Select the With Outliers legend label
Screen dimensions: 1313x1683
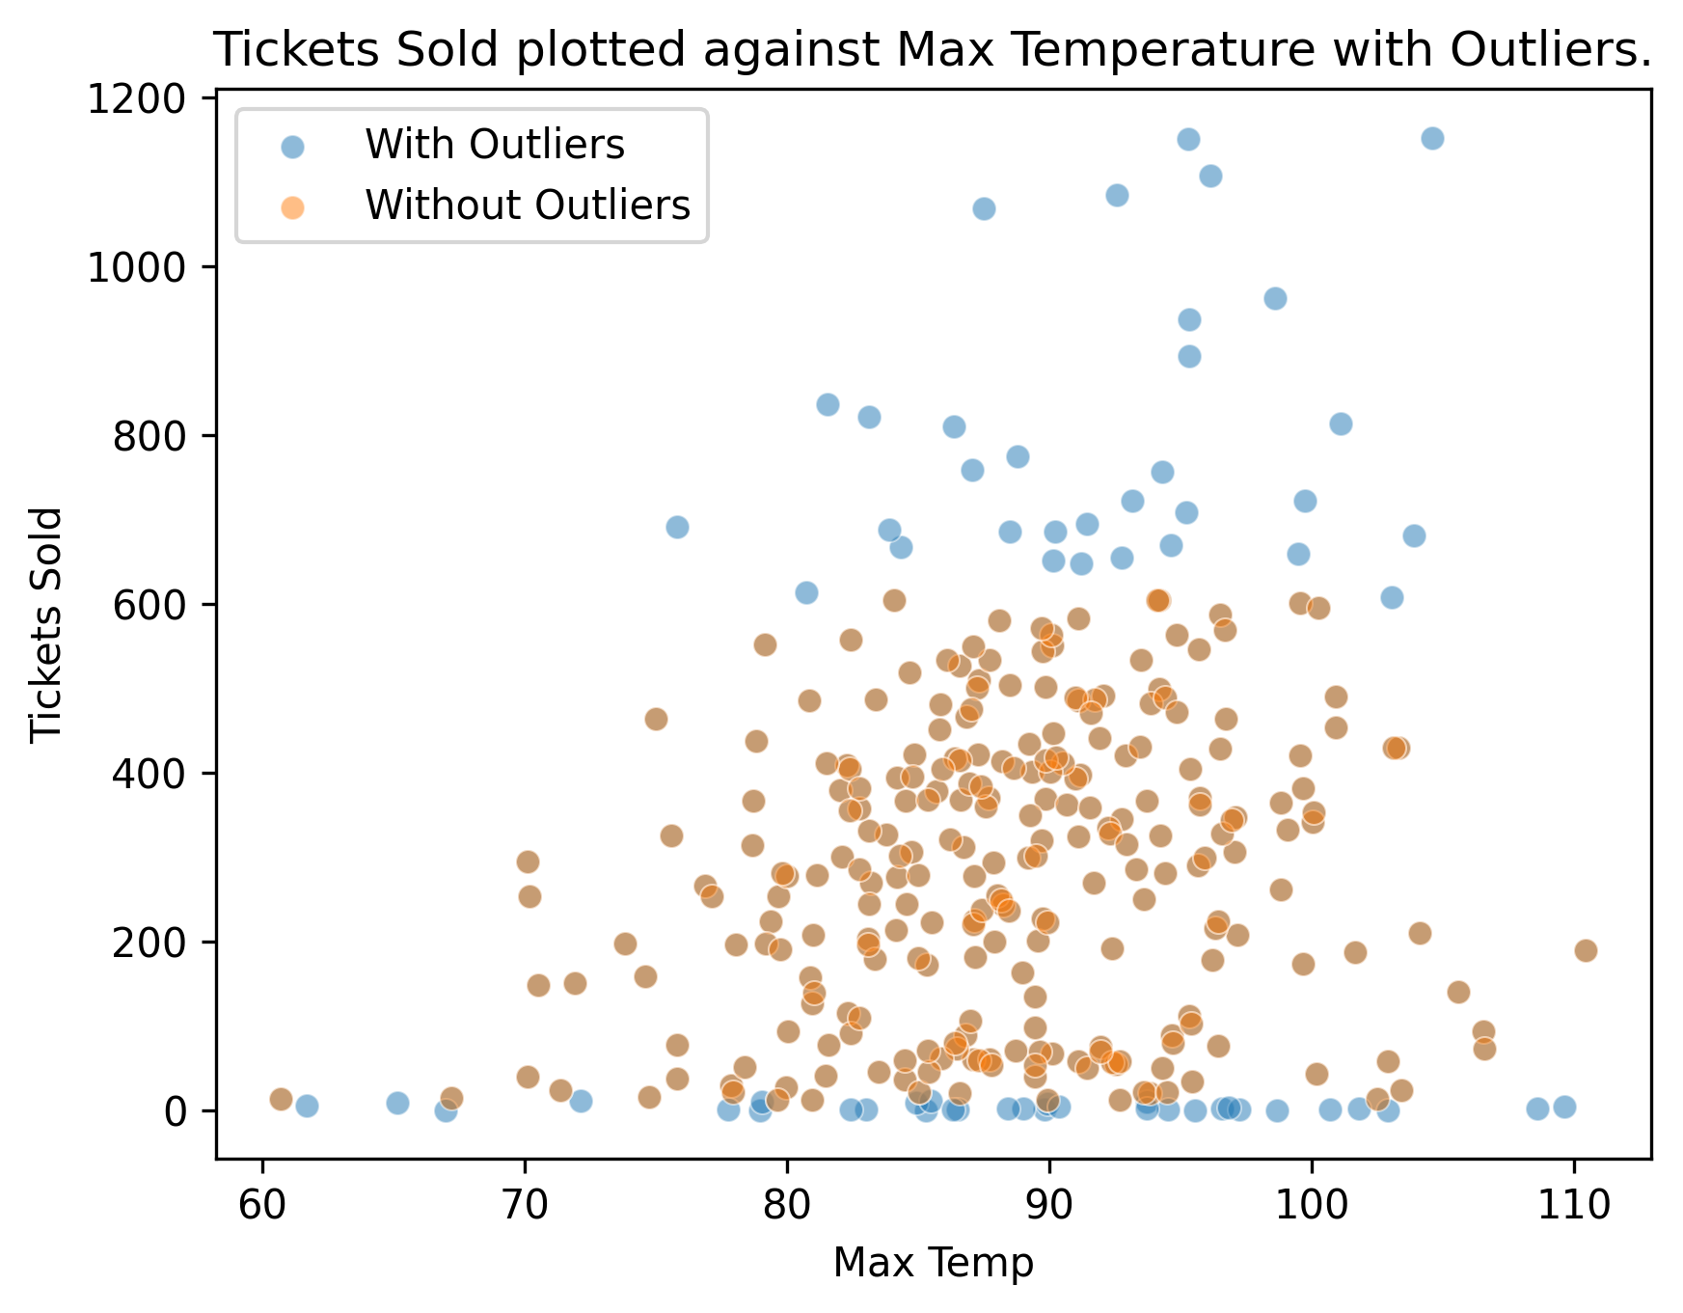click(x=495, y=145)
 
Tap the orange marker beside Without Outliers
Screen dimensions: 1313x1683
click(x=292, y=205)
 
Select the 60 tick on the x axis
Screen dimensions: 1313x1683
click(x=262, y=1205)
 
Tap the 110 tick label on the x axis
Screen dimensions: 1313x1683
click(x=1574, y=1205)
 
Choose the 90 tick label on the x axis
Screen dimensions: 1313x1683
click(x=1049, y=1205)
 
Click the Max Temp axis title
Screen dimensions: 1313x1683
click(x=933, y=1262)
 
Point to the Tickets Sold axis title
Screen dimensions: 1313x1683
click(x=46, y=625)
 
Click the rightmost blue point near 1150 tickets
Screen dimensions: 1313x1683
click(x=1432, y=138)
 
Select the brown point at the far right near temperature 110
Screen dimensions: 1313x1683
click(x=1586, y=950)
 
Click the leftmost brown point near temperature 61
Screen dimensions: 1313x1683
click(x=281, y=1099)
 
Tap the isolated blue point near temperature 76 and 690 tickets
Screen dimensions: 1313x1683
click(x=677, y=527)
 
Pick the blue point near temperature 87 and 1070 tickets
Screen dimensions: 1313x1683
click(x=984, y=208)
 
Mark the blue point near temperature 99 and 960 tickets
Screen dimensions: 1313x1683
click(x=1275, y=298)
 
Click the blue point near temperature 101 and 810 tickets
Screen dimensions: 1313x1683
click(x=1341, y=424)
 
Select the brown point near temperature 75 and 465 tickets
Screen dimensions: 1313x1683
click(x=656, y=719)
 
